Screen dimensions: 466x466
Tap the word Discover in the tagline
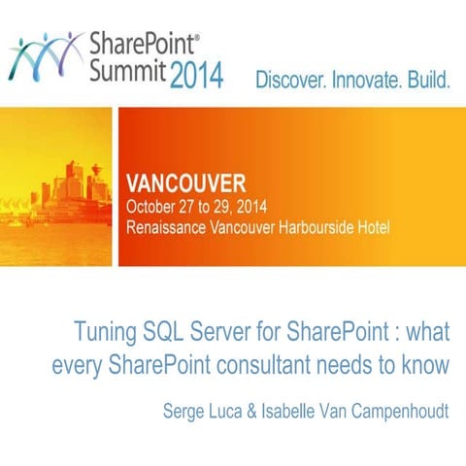(292, 81)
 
